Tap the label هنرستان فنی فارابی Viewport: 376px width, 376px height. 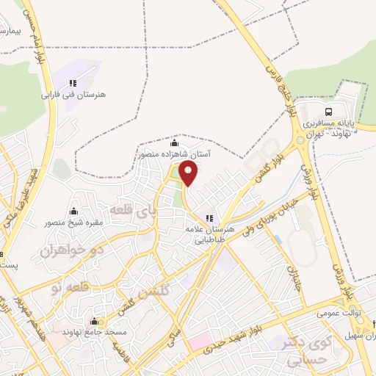coord(82,95)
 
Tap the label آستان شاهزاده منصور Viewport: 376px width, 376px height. coord(173,155)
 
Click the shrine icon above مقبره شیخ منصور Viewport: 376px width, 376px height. coord(73,211)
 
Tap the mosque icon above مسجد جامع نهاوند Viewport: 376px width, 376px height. coord(94,321)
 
